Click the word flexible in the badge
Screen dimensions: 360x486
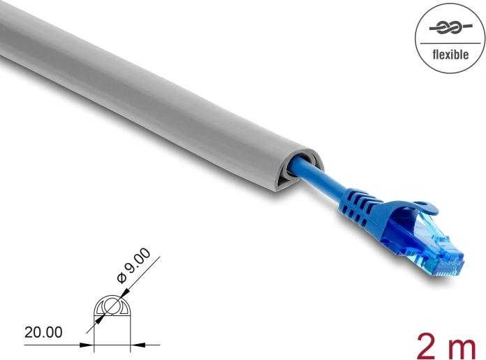[x=450, y=54]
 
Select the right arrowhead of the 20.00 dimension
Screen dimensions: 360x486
[x=135, y=344]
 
